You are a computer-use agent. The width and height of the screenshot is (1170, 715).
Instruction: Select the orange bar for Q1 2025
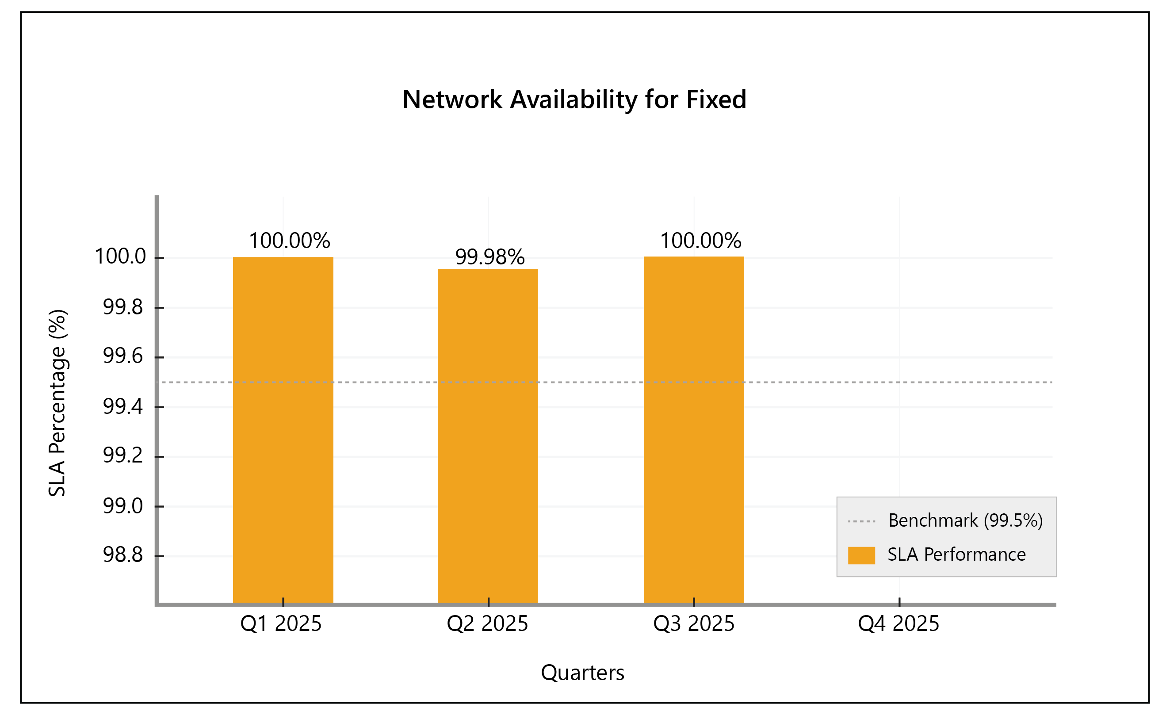click(x=283, y=430)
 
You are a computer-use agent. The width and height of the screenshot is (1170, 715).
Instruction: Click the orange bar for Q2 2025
click(x=488, y=436)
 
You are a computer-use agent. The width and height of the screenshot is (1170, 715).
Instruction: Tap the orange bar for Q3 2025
click(x=694, y=430)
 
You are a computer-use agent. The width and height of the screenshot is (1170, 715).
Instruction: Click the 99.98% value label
click(x=489, y=257)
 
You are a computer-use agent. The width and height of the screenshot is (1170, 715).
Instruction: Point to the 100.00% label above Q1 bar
click(x=289, y=241)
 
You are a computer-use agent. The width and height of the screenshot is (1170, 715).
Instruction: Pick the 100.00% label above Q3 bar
click(x=700, y=241)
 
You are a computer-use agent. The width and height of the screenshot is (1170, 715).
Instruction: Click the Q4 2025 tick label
click(x=899, y=623)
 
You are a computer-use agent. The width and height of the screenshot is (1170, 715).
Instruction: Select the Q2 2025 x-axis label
click(x=487, y=623)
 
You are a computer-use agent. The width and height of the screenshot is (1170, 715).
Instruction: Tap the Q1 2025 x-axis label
click(x=281, y=623)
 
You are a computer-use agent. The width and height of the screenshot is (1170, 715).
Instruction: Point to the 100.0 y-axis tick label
click(x=120, y=256)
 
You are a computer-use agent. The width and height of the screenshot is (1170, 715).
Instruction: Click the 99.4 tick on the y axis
click(x=122, y=406)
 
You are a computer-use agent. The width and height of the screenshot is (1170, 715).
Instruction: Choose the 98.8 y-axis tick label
click(x=122, y=554)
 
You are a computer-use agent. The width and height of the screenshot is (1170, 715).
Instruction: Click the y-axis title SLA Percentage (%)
click(x=57, y=403)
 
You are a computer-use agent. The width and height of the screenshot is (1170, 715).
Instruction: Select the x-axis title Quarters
click(x=582, y=673)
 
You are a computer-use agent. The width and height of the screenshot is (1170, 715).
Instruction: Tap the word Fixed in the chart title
click(x=716, y=99)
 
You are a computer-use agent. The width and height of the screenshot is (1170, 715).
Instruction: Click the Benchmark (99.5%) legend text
click(x=965, y=521)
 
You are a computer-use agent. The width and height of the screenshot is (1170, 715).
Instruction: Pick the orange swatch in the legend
click(x=861, y=555)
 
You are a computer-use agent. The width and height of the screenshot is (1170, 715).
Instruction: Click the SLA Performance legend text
click(x=956, y=554)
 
